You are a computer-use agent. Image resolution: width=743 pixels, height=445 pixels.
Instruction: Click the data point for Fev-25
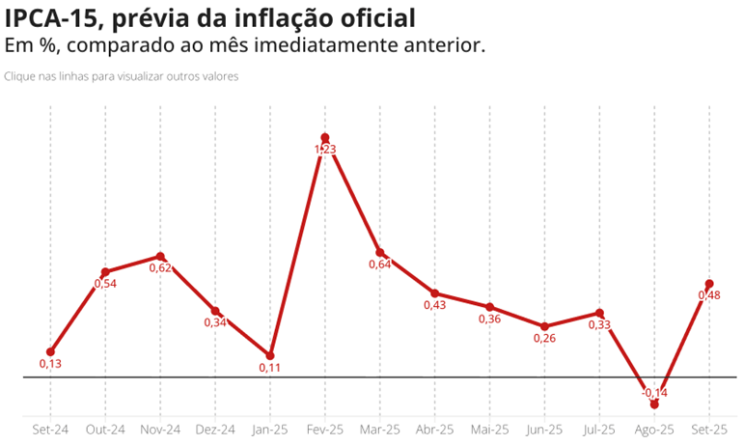pyautogui.click(x=325, y=138)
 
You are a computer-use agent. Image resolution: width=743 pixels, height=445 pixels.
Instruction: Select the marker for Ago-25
pyautogui.click(x=654, y=403)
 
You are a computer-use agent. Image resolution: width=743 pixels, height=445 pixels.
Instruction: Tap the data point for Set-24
pyautogui.click(x=50, y=352)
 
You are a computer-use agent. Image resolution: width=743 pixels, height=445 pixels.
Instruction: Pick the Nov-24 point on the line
pyautogui.click(x=160, y=257)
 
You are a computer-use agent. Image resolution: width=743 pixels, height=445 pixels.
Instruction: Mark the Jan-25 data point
pyautogui.click(x=270, y=356)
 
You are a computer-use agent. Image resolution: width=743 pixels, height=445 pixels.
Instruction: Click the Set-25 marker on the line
pyautogui.click(x=709, y=284)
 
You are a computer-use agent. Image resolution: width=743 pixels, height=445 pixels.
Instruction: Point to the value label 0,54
pyautogui.click(x=105, y=284)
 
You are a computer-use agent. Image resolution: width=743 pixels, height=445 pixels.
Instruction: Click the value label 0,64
pyautogui.click(x=379, y=264)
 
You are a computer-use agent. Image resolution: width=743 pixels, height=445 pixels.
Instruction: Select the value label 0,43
pyautogui.click(x=435, y=305)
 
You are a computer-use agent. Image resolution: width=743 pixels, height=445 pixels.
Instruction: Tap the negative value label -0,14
pyautogui.click(x=654, y=392)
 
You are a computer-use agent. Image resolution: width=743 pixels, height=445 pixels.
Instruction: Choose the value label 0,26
pyautogui.click(x=544, y=338)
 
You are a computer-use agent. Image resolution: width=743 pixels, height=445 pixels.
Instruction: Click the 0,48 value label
pyautogui.click(x=709, y=295)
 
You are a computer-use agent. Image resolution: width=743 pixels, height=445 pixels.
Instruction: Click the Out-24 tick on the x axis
pyautogui.click(x=105, y=430)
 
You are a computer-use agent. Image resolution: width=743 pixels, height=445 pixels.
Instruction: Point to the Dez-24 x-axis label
pyautogui.click(x=215, y=430)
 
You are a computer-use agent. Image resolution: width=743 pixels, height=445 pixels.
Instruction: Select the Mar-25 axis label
pyautogui.click(x=379, y=430)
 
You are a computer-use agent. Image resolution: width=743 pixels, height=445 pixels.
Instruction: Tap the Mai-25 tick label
pyautogui.click(x=489, y=430)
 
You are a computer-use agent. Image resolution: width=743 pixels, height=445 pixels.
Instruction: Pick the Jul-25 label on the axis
pyautogui.click(x=599, y=430)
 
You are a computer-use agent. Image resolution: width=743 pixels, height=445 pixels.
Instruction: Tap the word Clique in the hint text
pyautogui.click(x=20, y=76)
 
